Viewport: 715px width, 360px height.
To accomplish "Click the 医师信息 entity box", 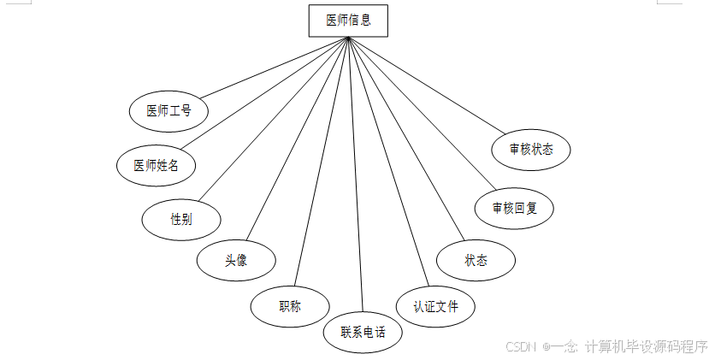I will point(348,21).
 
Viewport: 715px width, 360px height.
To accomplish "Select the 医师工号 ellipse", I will point(168,111).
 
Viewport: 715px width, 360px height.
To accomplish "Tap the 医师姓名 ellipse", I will point(156,165).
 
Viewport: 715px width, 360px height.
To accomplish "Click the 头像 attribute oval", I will point(236,261).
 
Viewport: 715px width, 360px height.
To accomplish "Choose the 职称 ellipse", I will point(290,306).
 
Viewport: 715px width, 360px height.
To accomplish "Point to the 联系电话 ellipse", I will point(363,332).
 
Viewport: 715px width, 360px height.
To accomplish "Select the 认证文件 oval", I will point(435,306).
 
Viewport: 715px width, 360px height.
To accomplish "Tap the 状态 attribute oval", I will point(476,261).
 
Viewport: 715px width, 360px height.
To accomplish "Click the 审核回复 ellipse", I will point(515,208).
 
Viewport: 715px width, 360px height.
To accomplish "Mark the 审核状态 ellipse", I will point(531,149).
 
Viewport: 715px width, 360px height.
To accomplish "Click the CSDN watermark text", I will point(606,346).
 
